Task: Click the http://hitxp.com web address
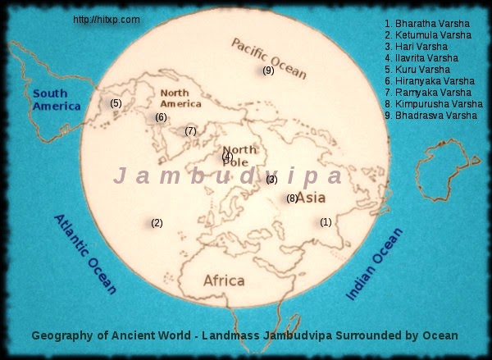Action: [106, 19]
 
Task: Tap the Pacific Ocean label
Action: [268, 57]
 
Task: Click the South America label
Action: [56, 100]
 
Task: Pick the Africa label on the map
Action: [224, 280]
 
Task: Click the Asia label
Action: [312, 198]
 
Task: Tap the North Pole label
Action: [239, 155]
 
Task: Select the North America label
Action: [180, 98]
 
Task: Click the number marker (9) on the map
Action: [268, 71]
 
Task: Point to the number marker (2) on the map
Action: [157, 223]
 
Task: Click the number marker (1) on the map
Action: [326, 222]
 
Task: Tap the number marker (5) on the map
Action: [116, 103]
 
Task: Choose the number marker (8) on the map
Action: [292, 198]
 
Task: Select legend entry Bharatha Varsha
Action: [428, 24]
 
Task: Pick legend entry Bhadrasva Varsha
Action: [430, 116]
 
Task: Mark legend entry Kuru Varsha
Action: [422, 70]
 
